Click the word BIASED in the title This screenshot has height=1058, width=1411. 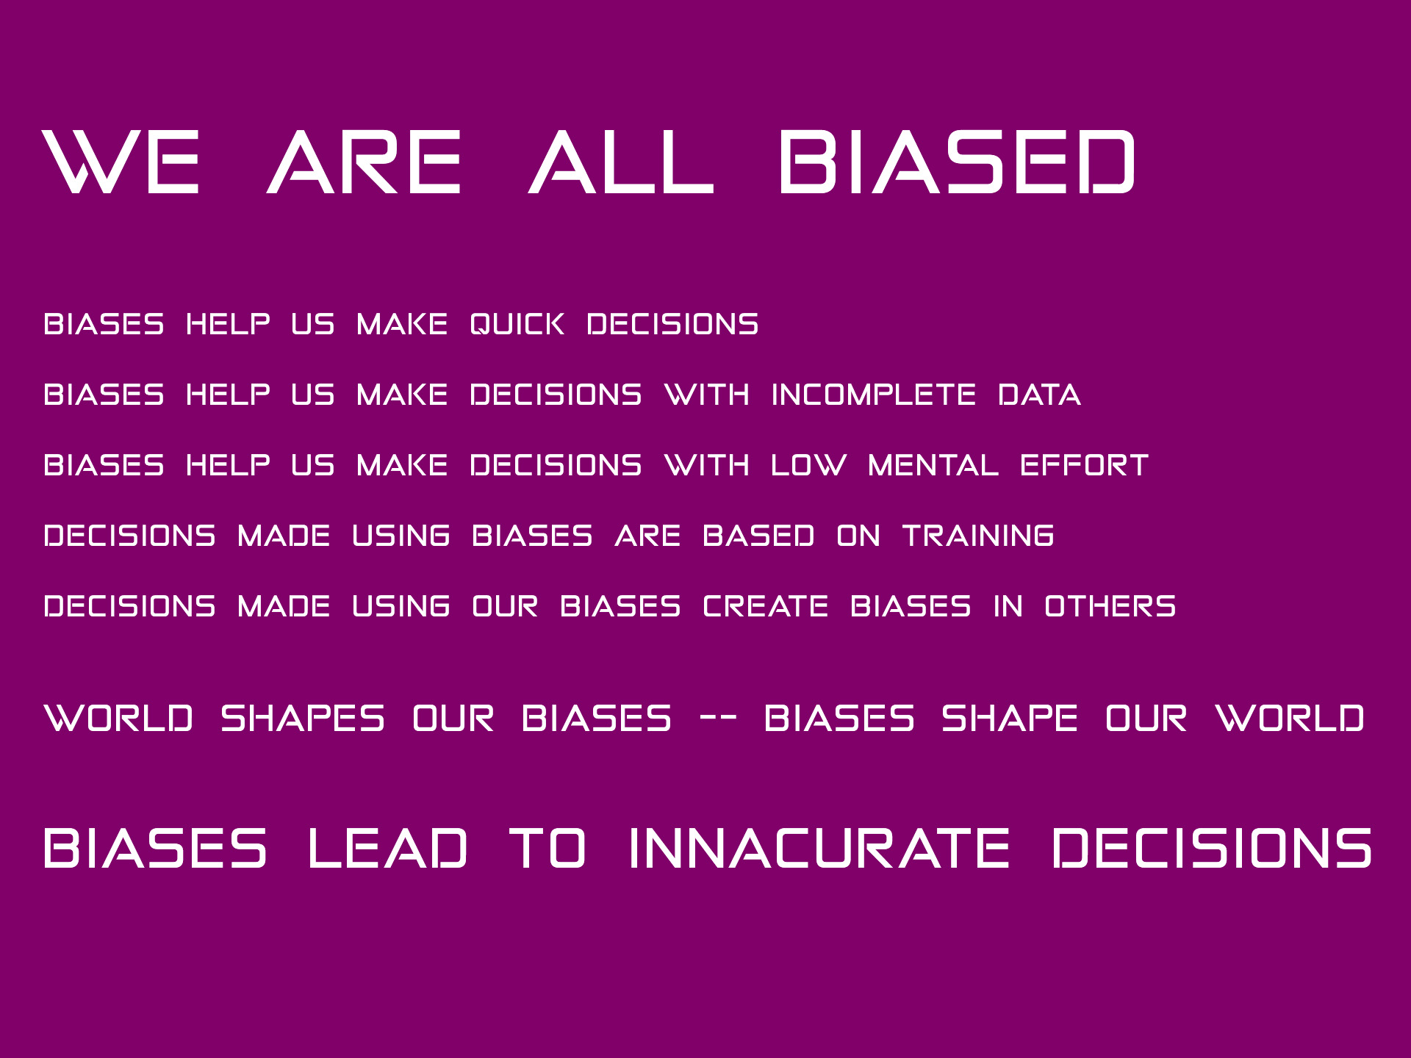click(957, 162)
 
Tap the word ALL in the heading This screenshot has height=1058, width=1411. click(621, 162)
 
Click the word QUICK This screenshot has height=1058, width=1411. click(517, 324)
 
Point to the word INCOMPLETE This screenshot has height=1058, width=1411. click(874, 395)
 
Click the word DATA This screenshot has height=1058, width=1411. click(1039, 395)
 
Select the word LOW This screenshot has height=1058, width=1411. click(808, 465)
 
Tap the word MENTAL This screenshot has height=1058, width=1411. click(933, 465)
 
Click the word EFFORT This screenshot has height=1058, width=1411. click(1084, 465)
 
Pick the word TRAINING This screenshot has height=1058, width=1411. click(978, 536)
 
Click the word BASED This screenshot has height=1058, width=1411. click(758, 536)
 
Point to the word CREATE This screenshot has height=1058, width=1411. click(765, 606)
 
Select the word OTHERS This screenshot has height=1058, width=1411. click(1110, 606)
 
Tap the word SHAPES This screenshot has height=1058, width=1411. click(302, 719)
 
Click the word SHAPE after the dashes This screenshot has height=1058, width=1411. click(1009, 719)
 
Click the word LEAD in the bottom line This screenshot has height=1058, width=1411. click(387, 849)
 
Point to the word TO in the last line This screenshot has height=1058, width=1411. click(547, 849)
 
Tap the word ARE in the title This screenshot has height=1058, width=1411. click(364, 162)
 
